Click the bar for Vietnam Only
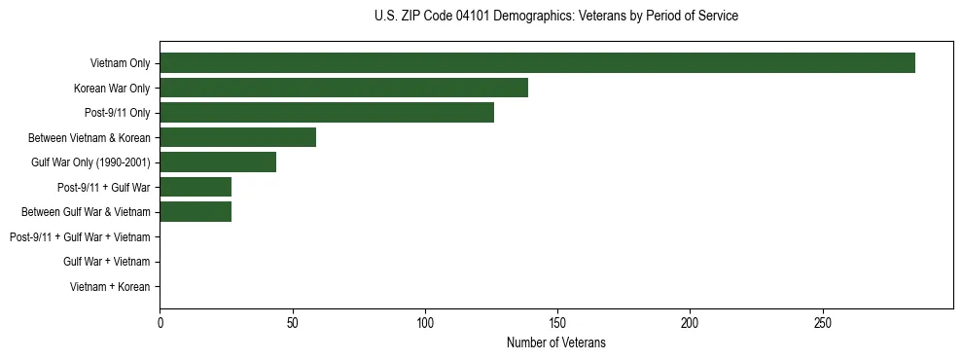(537, 63)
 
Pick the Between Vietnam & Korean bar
(237, 137)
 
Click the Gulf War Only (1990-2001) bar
(218, 162)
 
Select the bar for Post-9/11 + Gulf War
(196, 187)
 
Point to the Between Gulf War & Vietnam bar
(196, 212)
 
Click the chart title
(555, 17)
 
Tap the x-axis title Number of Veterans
(555, 342)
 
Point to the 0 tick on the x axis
(160, 322)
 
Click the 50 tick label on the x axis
(293, 322)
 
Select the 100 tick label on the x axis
(425, 322)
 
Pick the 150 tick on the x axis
(557, 322)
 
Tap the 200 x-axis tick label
(691, 322)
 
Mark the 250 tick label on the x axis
(823, 322)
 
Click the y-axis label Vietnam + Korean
(110, 287)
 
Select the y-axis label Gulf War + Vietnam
(106, 262)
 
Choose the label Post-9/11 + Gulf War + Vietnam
(80, 237)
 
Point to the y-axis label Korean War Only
(111, 89)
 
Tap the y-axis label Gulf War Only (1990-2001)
(90, 162)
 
